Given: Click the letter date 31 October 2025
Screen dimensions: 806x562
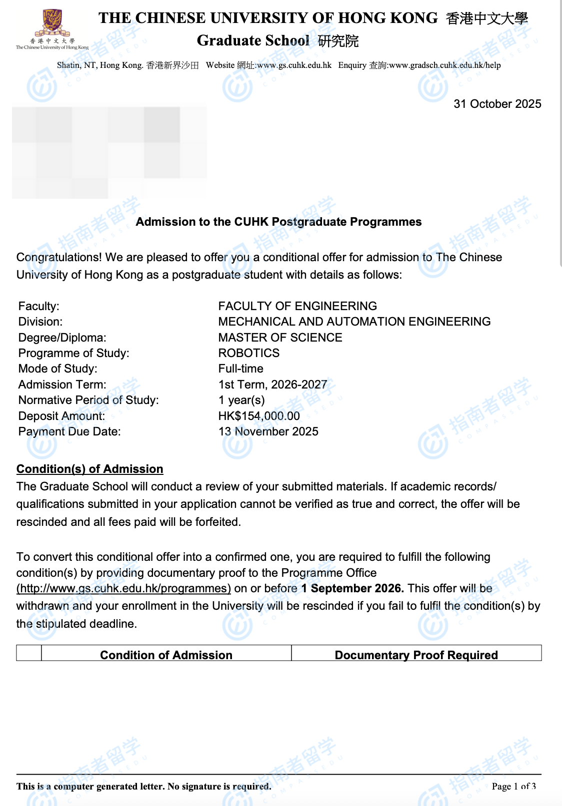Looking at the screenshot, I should (497, 104).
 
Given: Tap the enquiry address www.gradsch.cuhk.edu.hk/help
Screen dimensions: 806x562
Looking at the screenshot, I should (444, 65).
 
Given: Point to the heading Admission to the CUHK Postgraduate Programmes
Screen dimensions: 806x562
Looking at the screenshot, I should (278, 222).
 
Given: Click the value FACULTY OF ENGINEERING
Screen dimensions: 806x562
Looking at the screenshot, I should (297, 306).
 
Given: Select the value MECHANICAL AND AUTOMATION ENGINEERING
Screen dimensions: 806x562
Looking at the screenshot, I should (354, 322).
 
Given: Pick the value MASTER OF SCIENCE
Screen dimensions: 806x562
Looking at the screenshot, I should (280, 338).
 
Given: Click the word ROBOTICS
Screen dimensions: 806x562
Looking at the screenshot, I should (248, 353).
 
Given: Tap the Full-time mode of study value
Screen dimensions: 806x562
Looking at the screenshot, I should (240, 369).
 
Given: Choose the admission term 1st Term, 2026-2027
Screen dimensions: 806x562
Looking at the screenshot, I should (272, 385).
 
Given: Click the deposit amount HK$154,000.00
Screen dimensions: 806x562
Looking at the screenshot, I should (259, 416).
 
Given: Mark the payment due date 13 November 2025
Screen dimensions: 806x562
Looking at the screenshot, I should (268, 431).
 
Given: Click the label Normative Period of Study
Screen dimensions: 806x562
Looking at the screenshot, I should (88, 400).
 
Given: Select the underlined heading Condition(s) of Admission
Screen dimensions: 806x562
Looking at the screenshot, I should (90, 469).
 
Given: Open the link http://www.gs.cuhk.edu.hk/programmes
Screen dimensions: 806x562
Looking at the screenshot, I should (123, 588).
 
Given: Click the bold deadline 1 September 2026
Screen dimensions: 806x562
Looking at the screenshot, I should (352, 588).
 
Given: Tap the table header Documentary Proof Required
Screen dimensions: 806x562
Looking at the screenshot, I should (416, 655).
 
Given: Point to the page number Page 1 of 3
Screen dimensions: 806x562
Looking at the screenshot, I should (513, 787).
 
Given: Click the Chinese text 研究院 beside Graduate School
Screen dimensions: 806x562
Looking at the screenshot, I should (338, 41).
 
